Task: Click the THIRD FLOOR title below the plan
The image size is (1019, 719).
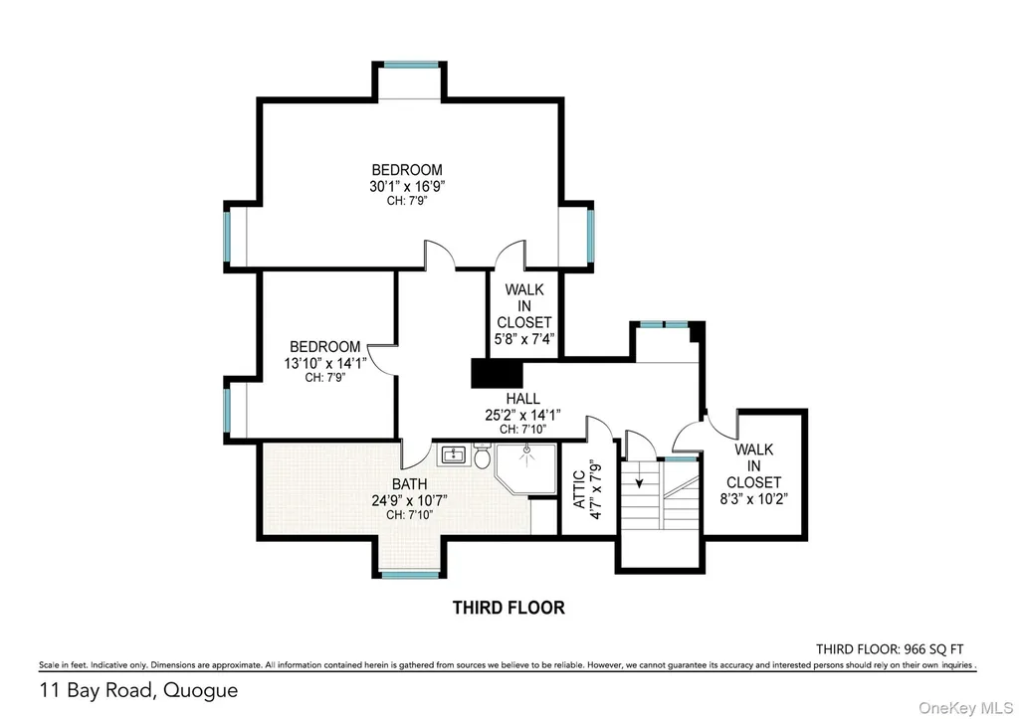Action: (x=509, y=608)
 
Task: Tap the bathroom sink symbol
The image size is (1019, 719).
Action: (x=453, y=454)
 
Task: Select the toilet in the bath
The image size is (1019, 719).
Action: (x=482, y=455)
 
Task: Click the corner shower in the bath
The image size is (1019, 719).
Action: (x=525, y=468)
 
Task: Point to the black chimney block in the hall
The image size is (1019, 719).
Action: (x=498, y=374)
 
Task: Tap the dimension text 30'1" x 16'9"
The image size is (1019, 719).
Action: (x=407, y=187)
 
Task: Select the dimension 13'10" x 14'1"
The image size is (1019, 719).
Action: (x=325, y=363)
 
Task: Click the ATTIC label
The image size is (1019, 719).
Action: (x=579, y=489)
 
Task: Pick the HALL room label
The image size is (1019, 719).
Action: (x=522, y=398)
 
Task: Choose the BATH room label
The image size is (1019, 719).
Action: (x=409, y=484)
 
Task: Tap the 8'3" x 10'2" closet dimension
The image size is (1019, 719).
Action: (x=754, y=499)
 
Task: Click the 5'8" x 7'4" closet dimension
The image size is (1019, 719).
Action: (x=523, y=339)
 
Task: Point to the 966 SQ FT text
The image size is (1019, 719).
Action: (x=933, y=648)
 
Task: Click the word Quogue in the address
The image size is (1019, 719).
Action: (x=200, y=690)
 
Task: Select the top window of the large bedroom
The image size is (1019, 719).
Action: (x=411, y=65)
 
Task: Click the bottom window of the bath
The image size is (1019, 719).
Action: (x=410, y=575)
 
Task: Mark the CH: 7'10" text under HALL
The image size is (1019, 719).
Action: (x=522, y=430)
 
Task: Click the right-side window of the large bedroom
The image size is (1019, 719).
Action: (x=591, y=235)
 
